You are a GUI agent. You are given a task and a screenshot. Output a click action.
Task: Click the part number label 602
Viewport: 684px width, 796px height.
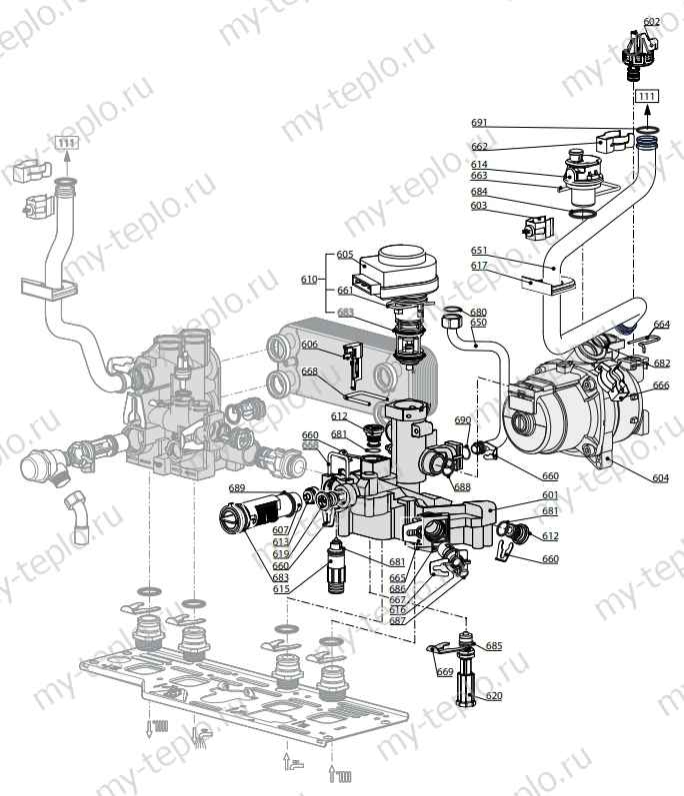coord(652,21)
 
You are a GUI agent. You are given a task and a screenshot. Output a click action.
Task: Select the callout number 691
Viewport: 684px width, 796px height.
coord(480,123)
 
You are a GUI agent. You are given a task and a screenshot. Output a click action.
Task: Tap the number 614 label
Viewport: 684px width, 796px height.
coord(480,164)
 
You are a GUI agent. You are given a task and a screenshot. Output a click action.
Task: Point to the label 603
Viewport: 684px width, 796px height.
coord(480,205)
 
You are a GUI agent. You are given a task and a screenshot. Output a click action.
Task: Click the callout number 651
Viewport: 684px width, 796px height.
coord(480,251)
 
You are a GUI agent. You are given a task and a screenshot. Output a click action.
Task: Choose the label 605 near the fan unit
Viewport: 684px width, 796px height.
coord(344,255)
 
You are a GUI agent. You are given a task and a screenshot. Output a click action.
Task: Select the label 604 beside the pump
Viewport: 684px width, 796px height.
coord(660,478)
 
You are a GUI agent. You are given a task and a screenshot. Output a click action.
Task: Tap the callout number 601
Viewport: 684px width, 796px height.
coord(551,494)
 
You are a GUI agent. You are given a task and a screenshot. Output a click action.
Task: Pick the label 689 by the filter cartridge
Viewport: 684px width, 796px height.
coord(236,487)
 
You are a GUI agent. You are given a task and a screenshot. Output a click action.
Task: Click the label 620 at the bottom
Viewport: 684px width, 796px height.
coord(494,695)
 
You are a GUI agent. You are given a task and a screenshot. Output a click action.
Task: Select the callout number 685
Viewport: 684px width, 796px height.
coord(494,646)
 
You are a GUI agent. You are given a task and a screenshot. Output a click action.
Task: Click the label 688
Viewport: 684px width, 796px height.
coord(461,487)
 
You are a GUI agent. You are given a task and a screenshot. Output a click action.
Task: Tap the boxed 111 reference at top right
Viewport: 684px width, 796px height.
coord(648,95)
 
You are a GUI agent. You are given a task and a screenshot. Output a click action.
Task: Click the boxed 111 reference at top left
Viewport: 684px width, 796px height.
coord(65,143)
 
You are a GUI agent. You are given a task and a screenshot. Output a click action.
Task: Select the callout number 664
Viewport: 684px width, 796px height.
coord(661,325)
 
